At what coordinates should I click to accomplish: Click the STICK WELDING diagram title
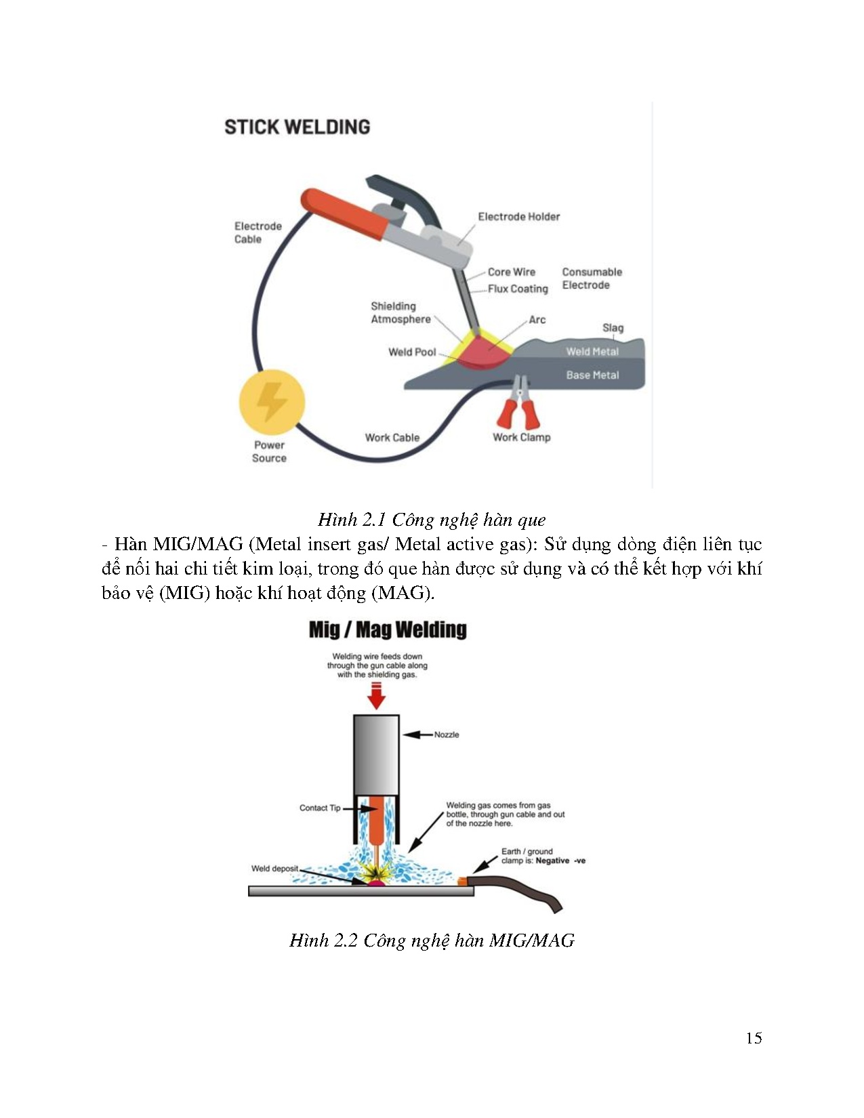[x=297, y=127]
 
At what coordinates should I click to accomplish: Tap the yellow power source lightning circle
[x=272, y=402]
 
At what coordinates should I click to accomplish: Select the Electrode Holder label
[x=518, y=217]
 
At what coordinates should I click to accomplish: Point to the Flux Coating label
[x=518, y=289]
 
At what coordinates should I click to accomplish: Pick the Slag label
[x=613, y=328]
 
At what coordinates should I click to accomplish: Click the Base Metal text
[x=592, y=375]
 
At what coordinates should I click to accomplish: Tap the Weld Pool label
[x=412, y=352]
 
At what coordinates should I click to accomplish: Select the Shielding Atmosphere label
[x=400, y=312]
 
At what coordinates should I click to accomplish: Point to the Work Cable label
[x=392, y=438]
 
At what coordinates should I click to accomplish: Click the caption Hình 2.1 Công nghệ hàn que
[x=432, y=520]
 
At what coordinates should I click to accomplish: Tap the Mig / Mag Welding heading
[x=388, y=629]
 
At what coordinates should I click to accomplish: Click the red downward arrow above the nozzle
[x=376, y=696]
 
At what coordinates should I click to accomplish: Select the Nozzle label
[x=447, y=734]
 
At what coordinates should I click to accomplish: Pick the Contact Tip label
[x=320, y=808]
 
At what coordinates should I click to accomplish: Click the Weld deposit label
[x=274, y=869]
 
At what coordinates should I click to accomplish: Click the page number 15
[x=754, y=1038]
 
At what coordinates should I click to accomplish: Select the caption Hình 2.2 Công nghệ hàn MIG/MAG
[x=432, y=940]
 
